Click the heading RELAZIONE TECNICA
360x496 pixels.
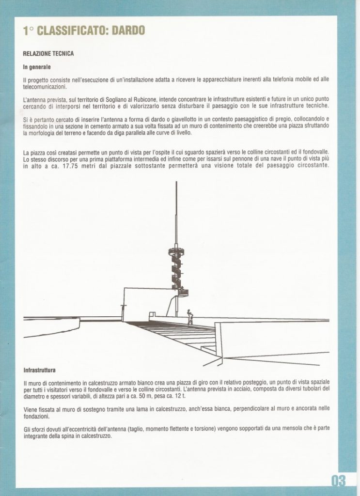click(48, 53)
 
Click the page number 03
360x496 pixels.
click(339, 480)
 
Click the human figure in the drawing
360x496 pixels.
click(190, 317)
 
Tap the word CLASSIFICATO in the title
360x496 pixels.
click(72, 31)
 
